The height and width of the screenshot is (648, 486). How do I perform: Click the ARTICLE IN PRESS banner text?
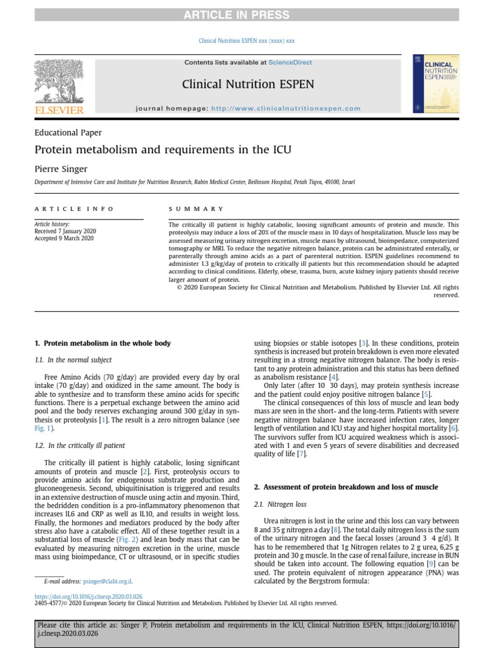243,15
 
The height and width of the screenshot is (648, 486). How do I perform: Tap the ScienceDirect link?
290,63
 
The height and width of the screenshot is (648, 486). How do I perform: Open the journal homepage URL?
285,108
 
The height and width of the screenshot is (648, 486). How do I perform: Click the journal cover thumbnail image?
435,84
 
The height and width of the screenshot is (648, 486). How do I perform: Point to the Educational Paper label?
68,133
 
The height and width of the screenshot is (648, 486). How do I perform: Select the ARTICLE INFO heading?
74,208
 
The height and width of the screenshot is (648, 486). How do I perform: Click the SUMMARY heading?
196,208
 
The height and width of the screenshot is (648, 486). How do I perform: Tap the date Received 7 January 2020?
64,232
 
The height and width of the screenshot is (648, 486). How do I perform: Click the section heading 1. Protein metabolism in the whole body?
102,343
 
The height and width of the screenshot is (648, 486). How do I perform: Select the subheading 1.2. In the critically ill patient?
79,445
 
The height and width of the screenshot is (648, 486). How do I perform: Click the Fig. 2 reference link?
131,539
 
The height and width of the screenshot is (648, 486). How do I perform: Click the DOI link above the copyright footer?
88,596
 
